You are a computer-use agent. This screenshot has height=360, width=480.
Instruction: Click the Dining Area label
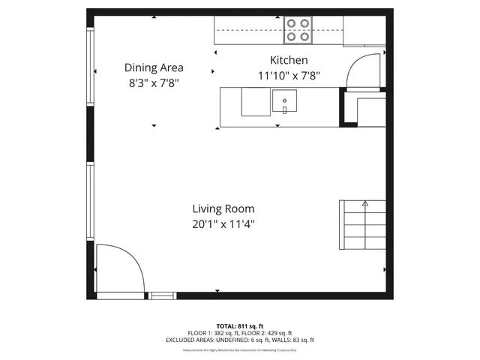[154, 67]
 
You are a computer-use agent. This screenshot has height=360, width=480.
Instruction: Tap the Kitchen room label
[289, 60]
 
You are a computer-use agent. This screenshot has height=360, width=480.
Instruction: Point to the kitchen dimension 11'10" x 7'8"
[289, 75]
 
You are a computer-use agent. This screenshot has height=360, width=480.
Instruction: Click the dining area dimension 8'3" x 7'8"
[154, 83]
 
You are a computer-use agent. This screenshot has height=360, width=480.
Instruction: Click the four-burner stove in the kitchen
[298, 28]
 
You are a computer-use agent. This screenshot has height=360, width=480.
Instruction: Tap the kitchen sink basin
[284, 101]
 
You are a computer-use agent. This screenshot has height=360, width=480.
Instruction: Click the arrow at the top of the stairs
[365, 202]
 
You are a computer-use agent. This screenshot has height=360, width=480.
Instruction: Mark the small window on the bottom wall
[162, 295]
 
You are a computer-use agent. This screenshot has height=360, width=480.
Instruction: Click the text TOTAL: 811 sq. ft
[240, 325]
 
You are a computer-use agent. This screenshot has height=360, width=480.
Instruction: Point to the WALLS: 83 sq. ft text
[295, 340]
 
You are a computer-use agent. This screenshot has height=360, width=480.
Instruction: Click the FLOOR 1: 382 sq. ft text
[214, 333]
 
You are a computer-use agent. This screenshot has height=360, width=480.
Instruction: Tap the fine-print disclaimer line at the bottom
[240, 349]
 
